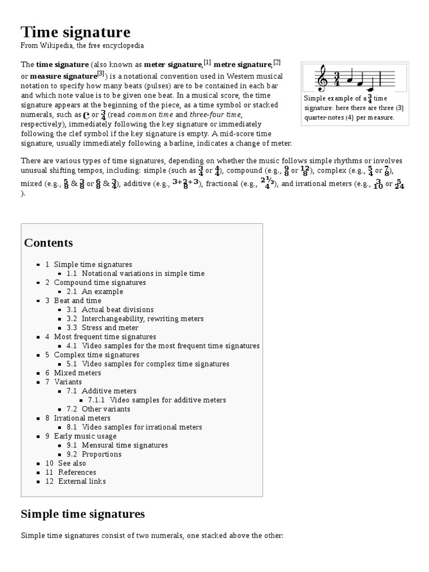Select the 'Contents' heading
49,243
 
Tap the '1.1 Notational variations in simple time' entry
135,274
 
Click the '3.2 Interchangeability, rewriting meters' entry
135,318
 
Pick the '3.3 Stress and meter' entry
102,328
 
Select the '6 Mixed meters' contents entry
73,373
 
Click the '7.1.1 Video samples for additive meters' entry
157,400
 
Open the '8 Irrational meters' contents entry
78,418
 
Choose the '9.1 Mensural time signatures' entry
117,445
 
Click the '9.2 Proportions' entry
94,454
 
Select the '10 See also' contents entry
66,463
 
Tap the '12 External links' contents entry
75,481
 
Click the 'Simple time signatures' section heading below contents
83,513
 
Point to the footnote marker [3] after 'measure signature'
101,73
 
